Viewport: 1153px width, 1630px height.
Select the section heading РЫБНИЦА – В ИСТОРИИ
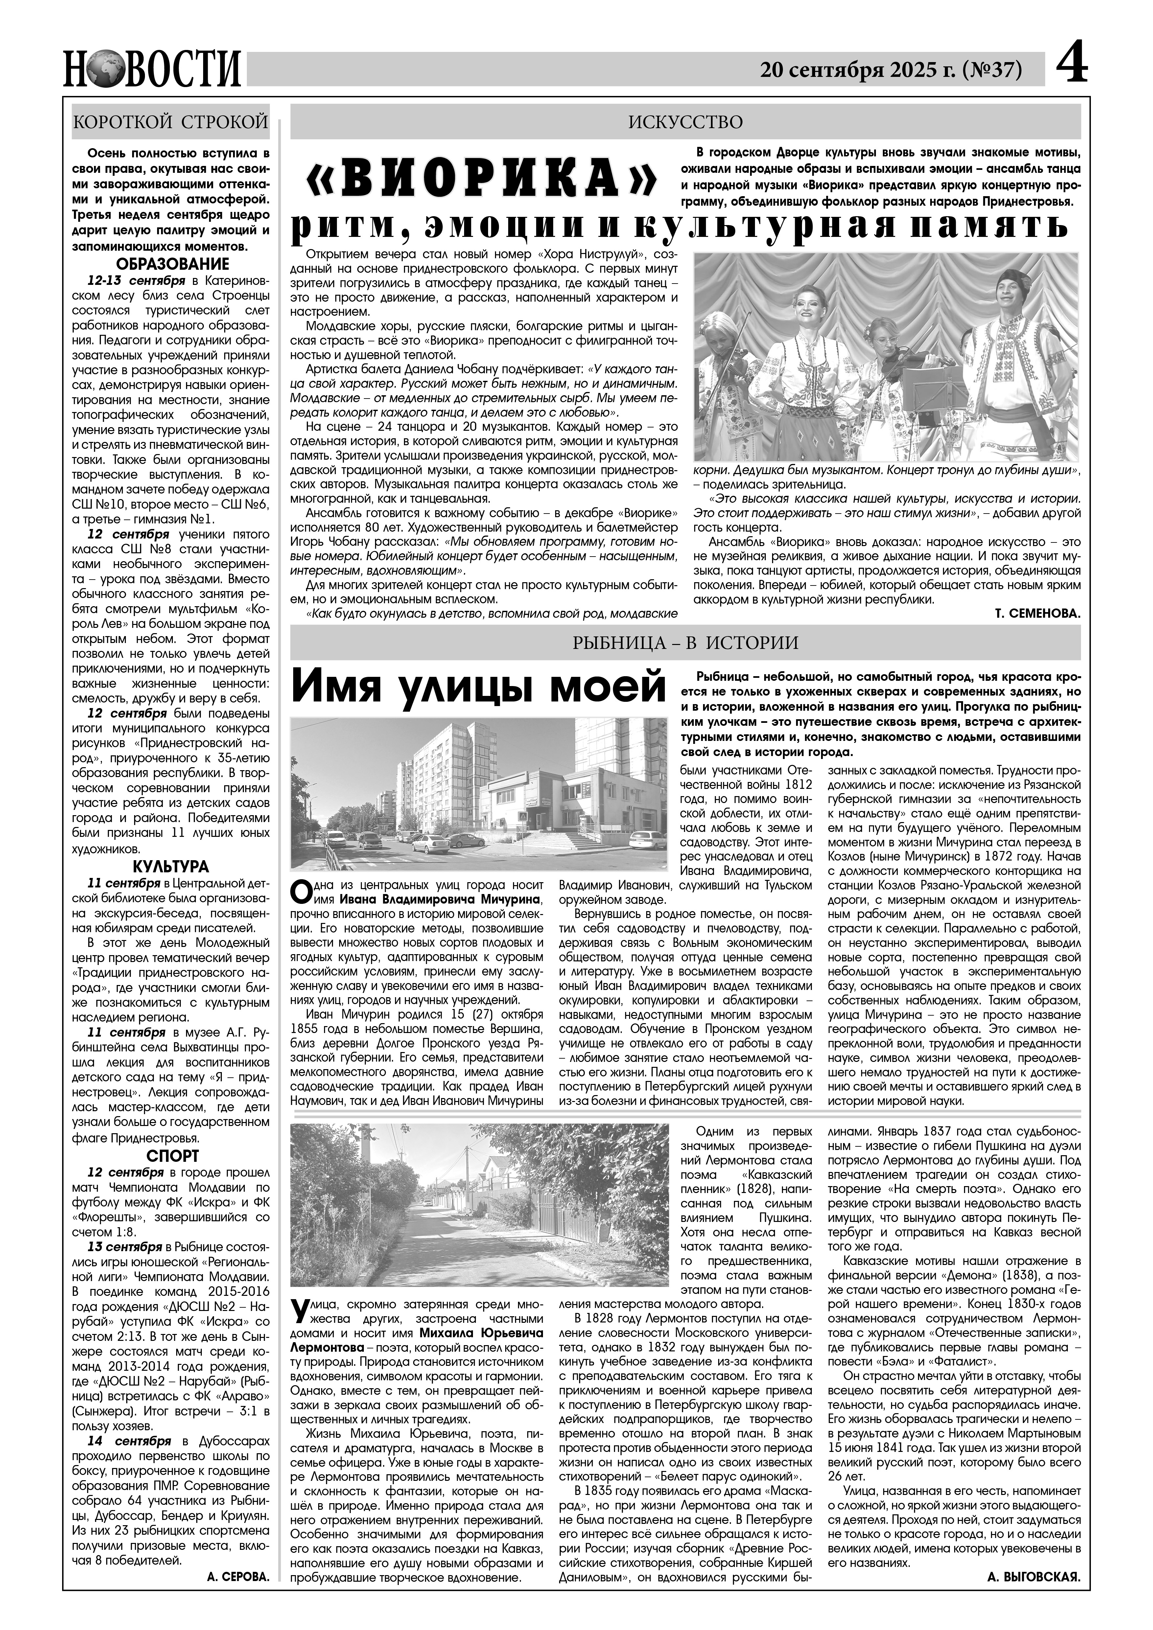(685, 643)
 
